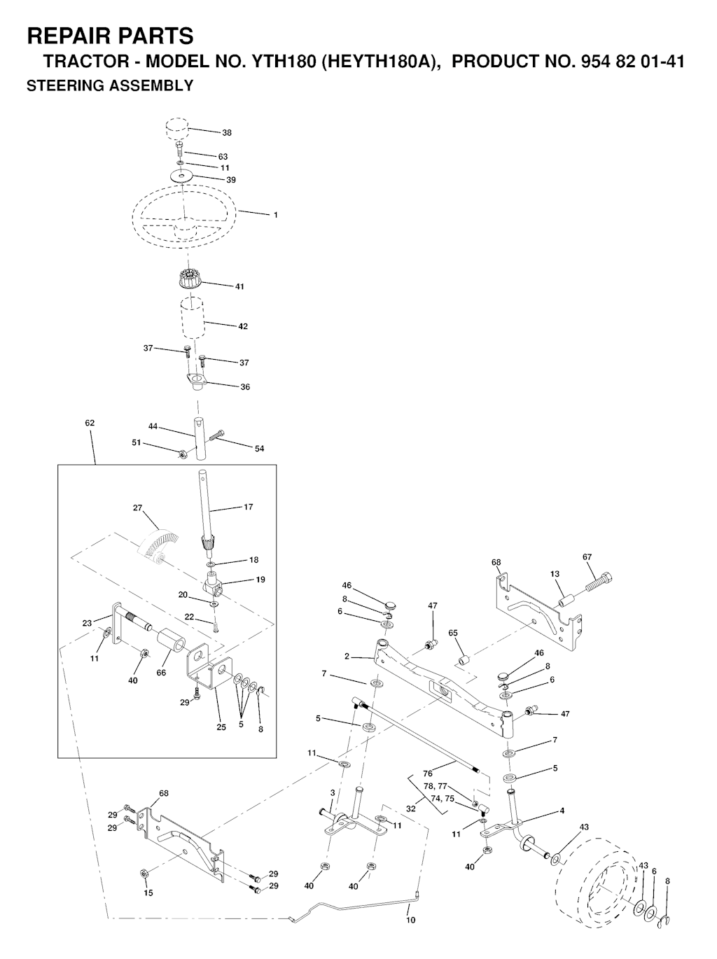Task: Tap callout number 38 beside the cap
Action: pyautogui.click(x=227, y=133)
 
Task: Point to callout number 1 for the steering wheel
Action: pyautogui.click(x=276, y=215)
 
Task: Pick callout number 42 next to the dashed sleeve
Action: pyautogui.click(x=242, y=326)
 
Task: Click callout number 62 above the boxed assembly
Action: pyautogui.click(x=90, y=423)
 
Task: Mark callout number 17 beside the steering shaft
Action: pyautogui.click(x=248, y=507)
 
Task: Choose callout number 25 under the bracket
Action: pyautogui.click(x=221, y=727)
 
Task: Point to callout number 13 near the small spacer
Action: pyautogui.click(x=555, y=574)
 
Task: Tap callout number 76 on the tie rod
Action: pyautogui.click(x=428, y=773)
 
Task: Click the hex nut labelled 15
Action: pyautogui.click(x=144, y=883)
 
